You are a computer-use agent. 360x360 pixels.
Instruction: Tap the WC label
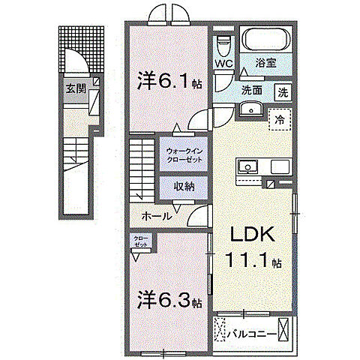[223, 64]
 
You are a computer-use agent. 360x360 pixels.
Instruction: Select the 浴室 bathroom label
[266, 64]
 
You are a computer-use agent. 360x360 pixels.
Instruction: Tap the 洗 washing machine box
[283, 93]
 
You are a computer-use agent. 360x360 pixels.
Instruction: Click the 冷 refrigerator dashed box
[278, 118]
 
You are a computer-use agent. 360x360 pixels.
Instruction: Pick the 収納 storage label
[183, 187]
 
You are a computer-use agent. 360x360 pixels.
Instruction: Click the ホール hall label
[157, 216]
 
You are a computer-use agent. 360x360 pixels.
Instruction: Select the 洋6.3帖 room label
[169, 301]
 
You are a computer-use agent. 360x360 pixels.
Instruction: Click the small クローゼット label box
[141, 241]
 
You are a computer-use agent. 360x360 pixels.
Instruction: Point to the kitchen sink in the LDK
[247, 166]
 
